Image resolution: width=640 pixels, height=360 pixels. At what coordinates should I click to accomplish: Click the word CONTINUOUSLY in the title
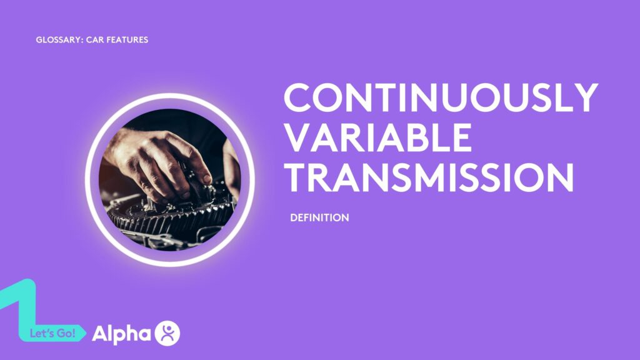441,99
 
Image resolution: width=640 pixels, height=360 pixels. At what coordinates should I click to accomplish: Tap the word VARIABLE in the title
377,138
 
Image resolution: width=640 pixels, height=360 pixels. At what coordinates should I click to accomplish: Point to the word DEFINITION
319,218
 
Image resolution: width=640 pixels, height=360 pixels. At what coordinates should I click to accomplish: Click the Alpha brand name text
121,334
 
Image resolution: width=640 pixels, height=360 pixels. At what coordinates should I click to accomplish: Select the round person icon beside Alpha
167,332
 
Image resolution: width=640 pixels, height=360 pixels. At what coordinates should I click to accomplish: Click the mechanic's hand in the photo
156,159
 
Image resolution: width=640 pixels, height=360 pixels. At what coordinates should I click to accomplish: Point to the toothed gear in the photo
169,216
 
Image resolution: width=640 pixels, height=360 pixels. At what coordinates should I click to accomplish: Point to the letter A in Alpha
101,334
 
